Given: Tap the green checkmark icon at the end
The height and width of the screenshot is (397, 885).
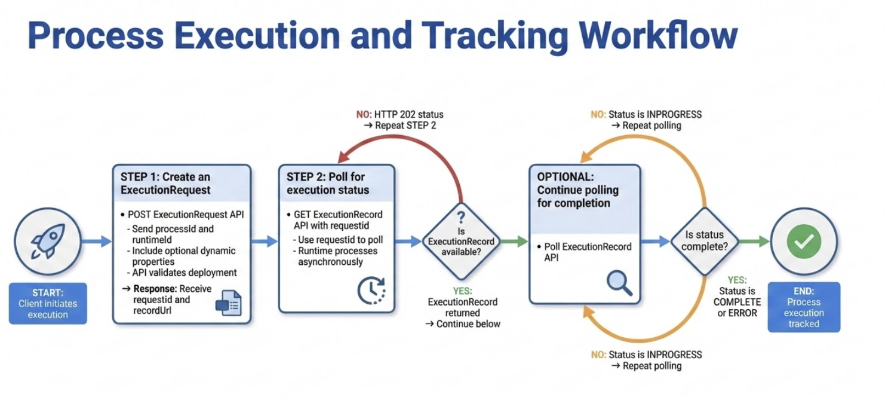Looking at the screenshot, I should tap(804, 242).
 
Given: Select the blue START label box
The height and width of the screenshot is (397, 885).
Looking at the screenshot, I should tap(48, 303).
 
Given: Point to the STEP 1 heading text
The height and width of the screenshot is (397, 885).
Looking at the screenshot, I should tap(165, 184).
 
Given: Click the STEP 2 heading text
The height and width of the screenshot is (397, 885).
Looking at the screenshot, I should tap(327, 184).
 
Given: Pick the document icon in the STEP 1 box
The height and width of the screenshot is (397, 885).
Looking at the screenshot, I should tap(228, 303).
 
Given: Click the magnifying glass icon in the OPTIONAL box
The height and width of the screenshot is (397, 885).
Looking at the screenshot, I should tap(619, 283).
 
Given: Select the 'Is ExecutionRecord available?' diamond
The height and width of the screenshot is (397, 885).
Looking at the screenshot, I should tap(459, 241).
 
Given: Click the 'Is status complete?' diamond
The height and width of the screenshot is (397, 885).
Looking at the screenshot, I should tap(705, 241).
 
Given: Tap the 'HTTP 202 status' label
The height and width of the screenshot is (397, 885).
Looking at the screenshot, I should tap(408, 114).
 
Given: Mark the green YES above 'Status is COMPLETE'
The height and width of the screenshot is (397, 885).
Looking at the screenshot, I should tap(737, 280).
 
